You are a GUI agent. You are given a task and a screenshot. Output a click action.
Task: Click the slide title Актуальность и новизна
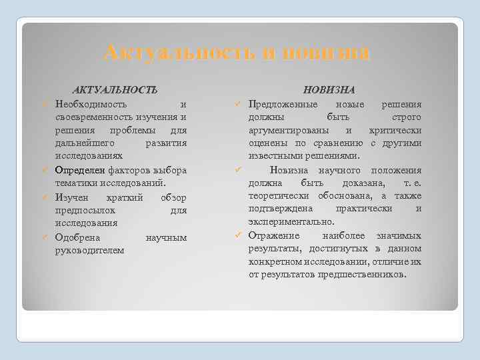(x=237, y=53)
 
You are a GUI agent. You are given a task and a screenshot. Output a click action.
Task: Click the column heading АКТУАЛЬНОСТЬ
(x=115, y=89)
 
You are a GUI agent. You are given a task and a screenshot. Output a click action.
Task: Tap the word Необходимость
(x=88, y=104)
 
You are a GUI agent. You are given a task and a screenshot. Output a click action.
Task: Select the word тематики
(x=74, y=183)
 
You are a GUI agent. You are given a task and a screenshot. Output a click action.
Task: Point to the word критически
(x=397, y=130)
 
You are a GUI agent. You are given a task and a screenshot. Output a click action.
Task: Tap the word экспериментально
(x=291, y=221)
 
